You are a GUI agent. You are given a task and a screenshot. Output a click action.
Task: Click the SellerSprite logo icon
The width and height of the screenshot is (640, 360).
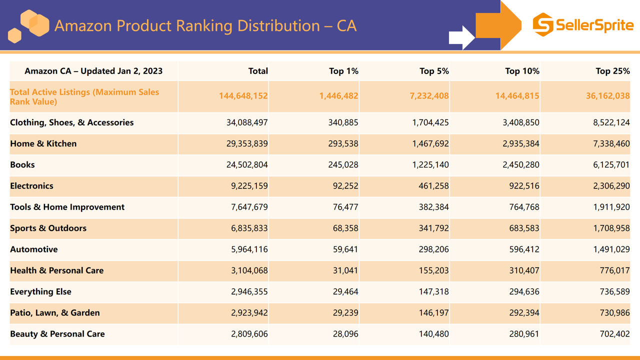[542, 24]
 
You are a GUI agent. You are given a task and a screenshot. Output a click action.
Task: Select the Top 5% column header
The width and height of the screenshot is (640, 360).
[434, 71]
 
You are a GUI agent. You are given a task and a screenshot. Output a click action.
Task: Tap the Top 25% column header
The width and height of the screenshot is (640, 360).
[612, 71]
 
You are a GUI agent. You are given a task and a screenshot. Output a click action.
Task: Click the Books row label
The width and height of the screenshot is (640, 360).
[22, 164]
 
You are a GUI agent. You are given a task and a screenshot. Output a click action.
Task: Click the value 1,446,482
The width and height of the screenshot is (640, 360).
[338, 95]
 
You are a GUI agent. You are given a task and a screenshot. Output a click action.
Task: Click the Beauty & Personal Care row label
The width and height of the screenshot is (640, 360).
[57, 334]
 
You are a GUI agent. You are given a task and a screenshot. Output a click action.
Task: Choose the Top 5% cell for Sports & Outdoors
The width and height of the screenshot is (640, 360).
[433, 228]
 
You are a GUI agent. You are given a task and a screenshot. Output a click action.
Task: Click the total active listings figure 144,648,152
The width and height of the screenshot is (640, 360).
[243, 95]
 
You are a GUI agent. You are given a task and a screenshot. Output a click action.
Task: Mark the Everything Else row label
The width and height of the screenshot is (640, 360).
[40, 291]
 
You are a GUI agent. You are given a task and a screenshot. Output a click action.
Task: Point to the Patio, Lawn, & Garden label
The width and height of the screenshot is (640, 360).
[55, 313]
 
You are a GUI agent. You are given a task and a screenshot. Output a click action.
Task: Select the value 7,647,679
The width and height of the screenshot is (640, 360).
[249, 207]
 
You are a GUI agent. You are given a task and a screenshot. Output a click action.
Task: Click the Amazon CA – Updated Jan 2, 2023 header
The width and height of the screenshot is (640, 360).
[93, 71]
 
